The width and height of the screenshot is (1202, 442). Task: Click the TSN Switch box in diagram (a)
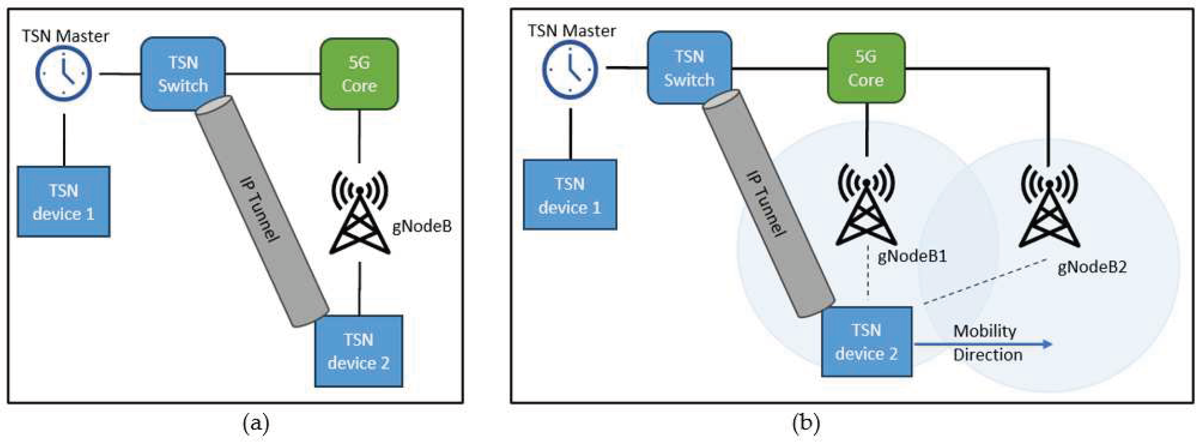point(183,74)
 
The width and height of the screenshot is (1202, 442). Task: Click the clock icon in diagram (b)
point(570,68)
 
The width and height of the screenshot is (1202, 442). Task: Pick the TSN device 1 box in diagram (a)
point(63,201)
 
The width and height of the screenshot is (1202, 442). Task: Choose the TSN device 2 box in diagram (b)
point(866,341)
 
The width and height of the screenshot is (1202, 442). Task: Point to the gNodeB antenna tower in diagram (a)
point(359,213)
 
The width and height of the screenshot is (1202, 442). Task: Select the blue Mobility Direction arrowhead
point(1048,344)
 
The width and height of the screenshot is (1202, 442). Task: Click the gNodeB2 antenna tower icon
point(1049,206)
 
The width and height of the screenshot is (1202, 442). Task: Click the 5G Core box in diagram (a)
point(359,74)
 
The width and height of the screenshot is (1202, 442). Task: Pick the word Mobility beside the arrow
point(985,331)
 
